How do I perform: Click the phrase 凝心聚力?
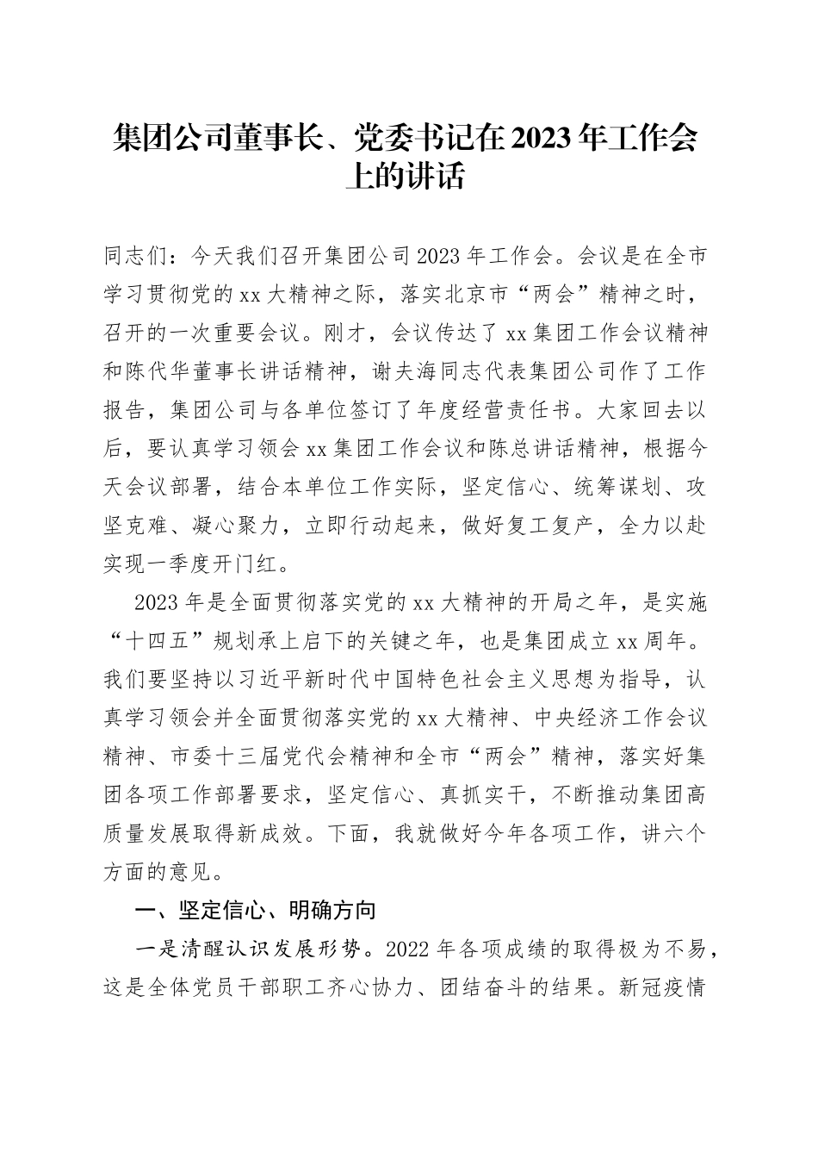point(225,526)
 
